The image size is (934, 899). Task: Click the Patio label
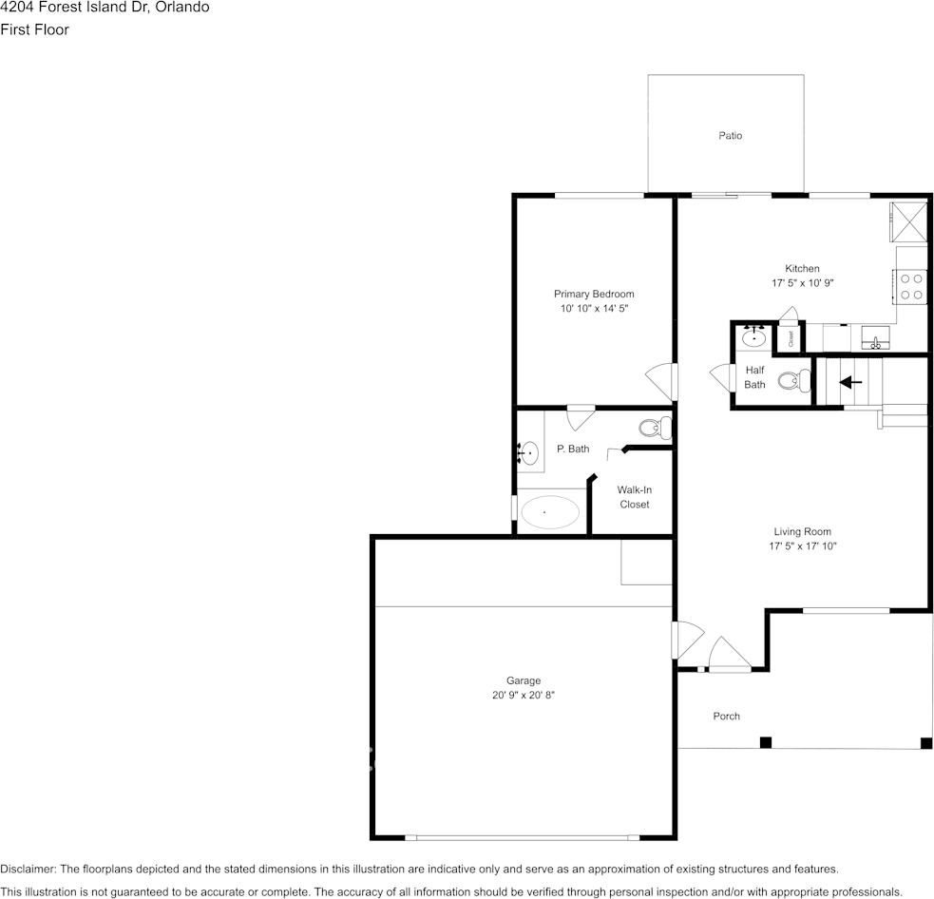pos(730,136)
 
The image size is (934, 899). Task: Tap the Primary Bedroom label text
pos(594,294)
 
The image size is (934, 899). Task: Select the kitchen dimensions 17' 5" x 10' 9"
pos(802,283)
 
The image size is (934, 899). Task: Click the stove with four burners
pos(912,286)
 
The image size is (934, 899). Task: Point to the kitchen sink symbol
pos(874,339)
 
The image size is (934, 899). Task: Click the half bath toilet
pos(792,381)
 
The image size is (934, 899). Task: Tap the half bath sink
pos(755,336)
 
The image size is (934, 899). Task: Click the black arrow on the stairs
pos(850,382)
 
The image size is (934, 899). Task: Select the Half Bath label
pos(754,377)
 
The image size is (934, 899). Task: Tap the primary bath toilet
pos(655,428)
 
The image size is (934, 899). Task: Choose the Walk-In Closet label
pos(634,497)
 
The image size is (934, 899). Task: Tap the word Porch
pos(726,716)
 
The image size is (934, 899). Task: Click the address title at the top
pos(105,8)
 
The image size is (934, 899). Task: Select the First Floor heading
pos(35,29)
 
